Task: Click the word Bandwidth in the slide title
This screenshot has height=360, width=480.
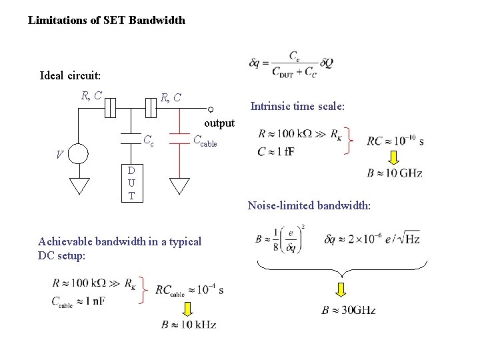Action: (x=158, y=20)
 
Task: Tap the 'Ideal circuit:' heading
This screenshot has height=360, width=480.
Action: (x=70, y=75)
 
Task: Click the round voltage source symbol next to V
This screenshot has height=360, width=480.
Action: (x=79, y=154)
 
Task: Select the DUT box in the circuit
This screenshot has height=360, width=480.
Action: (x=131, y=183)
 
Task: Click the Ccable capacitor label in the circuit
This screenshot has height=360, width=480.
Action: (x=205, y=140)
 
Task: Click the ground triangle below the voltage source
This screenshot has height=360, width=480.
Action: (x=79, y=185)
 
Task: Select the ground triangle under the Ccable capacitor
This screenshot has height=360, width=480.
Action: (x=179, y=185)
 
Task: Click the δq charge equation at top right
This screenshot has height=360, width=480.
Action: (x=291, y=63)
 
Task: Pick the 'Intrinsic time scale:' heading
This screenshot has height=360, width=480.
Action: (x=297, y=105)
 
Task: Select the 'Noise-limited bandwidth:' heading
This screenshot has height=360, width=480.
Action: (x=309, y=206)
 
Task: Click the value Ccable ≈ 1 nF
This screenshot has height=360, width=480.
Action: (x=79, y=301)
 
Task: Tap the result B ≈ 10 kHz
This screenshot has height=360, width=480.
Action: (x=189, y=325)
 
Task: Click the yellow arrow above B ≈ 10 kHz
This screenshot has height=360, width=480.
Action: (x=188, y=308)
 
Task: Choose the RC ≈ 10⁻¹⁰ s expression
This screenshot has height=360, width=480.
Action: (x=395, y=141)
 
